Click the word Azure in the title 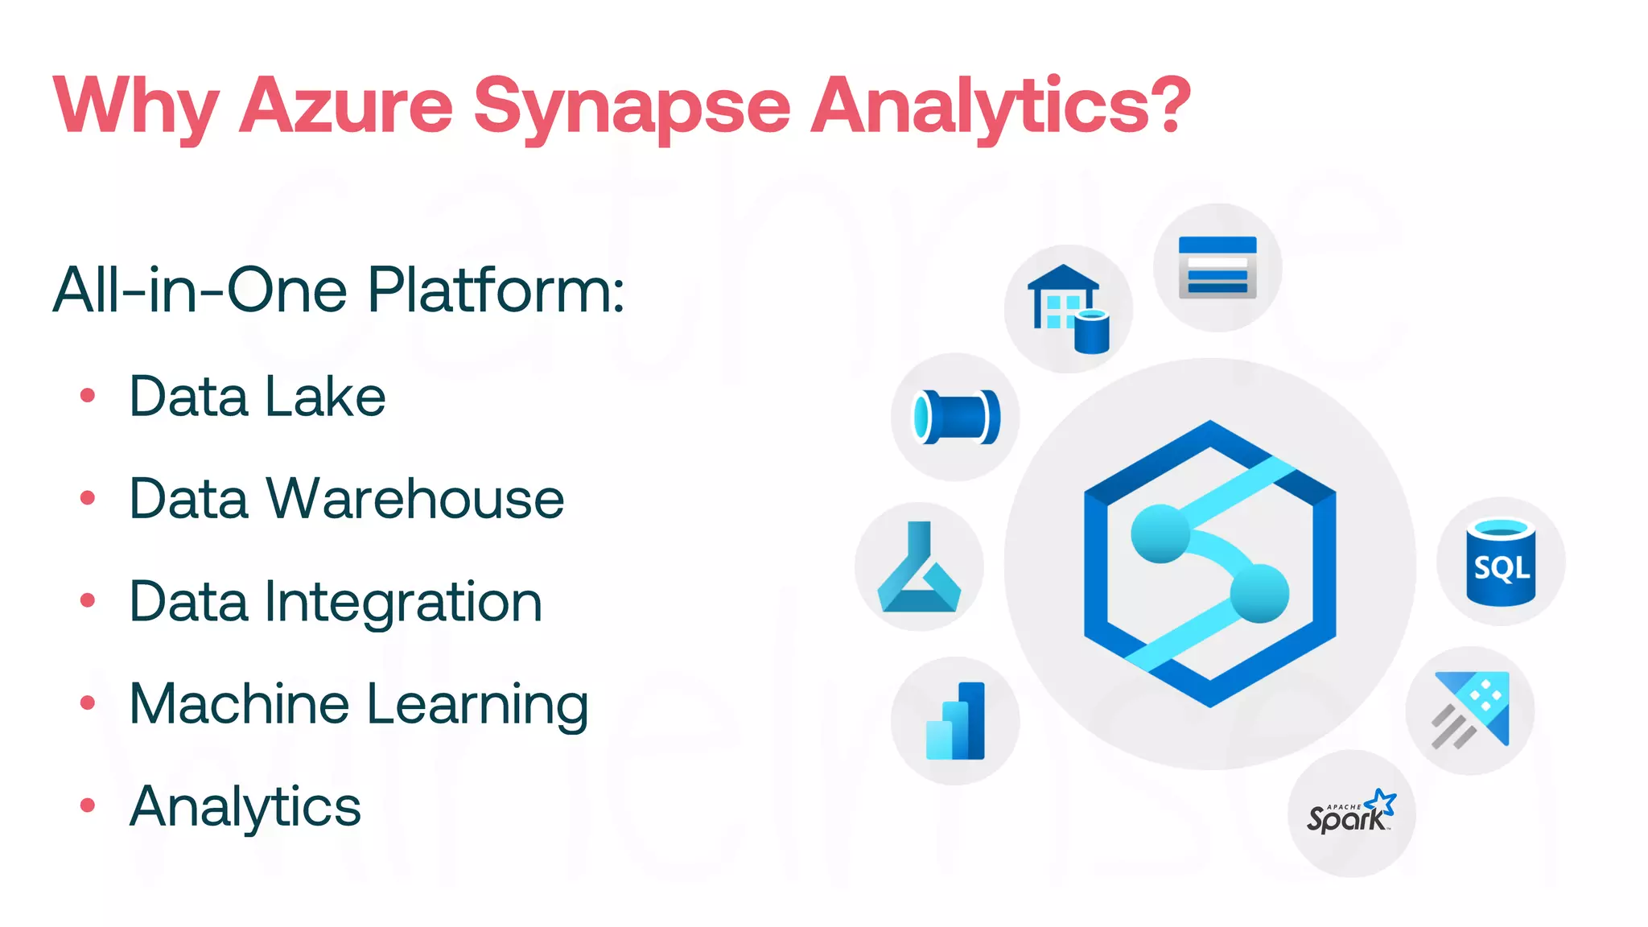pyautogui.click(x=347, y=105)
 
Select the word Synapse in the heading pyautogui.click(x=632, y=107)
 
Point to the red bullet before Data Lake pyautogui.click(x=88, y=395)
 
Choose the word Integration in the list pyautogui.click(x=403, y=602)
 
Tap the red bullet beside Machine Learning pyautogui.click(x=88, y=703)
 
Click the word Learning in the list pyautogui.click(x=477, y=705)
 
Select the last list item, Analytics pyautogui.click(x=245, y=806)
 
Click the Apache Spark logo pyautogui.click(x=1351, y=813)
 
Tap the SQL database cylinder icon pyautogui.click(x=1501, y=562)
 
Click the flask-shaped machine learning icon pyautogui.click(x=919, y=567)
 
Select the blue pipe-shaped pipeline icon pyautogui.click(x=956, y=417)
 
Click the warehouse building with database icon pyautogui.click(x=1068, y=309)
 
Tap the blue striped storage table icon pyautogui.click(x=1217, y=267)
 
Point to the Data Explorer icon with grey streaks pyautogui.click(x=1471, y=711)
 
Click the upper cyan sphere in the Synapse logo pyautogui.click(x=1160, y=533)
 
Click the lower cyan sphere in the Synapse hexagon pyautogui.click(x=1259, y=593)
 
